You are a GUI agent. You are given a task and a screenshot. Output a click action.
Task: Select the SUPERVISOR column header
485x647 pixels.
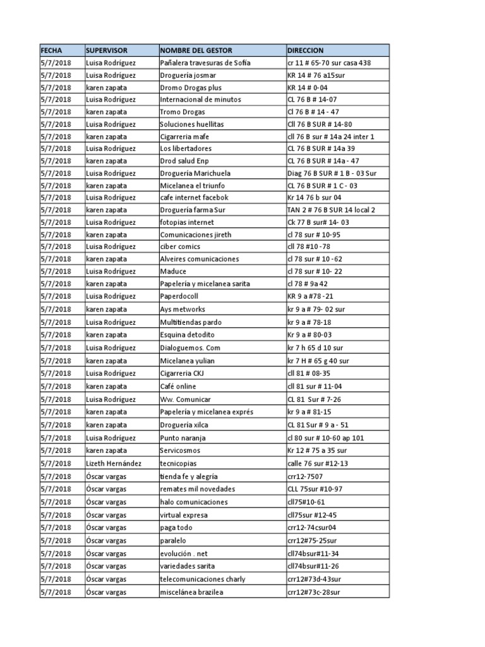tap(107, 50)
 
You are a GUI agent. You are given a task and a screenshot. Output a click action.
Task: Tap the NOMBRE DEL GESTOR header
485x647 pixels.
tap(196, 50)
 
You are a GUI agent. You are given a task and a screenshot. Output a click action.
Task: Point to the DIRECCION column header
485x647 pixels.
tap(306, 50)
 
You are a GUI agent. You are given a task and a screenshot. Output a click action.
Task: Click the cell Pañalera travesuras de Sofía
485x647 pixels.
tap(205, 63)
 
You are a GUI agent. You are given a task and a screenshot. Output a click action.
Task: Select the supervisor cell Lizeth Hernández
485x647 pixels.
tap(114, 464)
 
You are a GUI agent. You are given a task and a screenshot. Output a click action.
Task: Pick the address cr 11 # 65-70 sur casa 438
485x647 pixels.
tap(329, 63)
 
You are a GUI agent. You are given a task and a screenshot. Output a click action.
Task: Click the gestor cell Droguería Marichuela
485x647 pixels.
tap(195, 173)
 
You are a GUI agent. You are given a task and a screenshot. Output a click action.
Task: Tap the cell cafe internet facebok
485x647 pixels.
tap(194, 198)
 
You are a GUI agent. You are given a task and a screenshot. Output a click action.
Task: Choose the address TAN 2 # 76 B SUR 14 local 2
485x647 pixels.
tap(331, 210)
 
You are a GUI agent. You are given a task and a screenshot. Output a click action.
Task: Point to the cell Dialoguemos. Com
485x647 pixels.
tap(190, 348)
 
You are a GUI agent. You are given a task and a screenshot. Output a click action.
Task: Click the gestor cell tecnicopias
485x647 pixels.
tap(177, 464)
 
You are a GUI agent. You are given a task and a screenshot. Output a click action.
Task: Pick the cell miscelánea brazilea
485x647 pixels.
tap(191, 592)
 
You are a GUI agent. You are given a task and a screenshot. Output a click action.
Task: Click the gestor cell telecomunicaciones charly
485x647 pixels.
tap(203, 579)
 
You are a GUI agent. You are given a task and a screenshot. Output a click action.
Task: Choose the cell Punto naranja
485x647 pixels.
tap(182, 438)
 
